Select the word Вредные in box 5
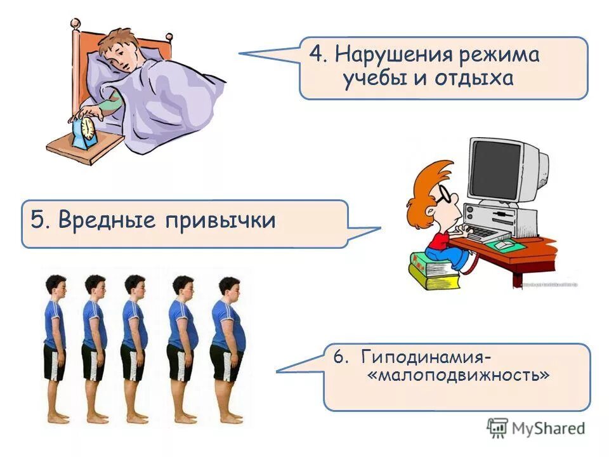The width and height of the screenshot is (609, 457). click(107, 220)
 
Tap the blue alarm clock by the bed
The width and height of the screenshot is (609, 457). click(85, 131)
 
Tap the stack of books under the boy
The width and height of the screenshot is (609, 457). click(435, 270)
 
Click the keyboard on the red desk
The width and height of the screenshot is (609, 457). click(485, 234)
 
